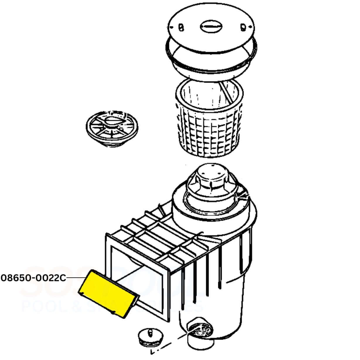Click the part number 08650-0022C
pyautogui.click(x=34, y=278)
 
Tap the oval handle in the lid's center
pyautogui.click(x=211, y=26)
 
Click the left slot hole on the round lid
pyautogui.click(x=181, y=27)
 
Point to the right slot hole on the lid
pyautogui.click(x=243, y=27)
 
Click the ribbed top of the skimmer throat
pyautogui.click(x=155, y=234)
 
